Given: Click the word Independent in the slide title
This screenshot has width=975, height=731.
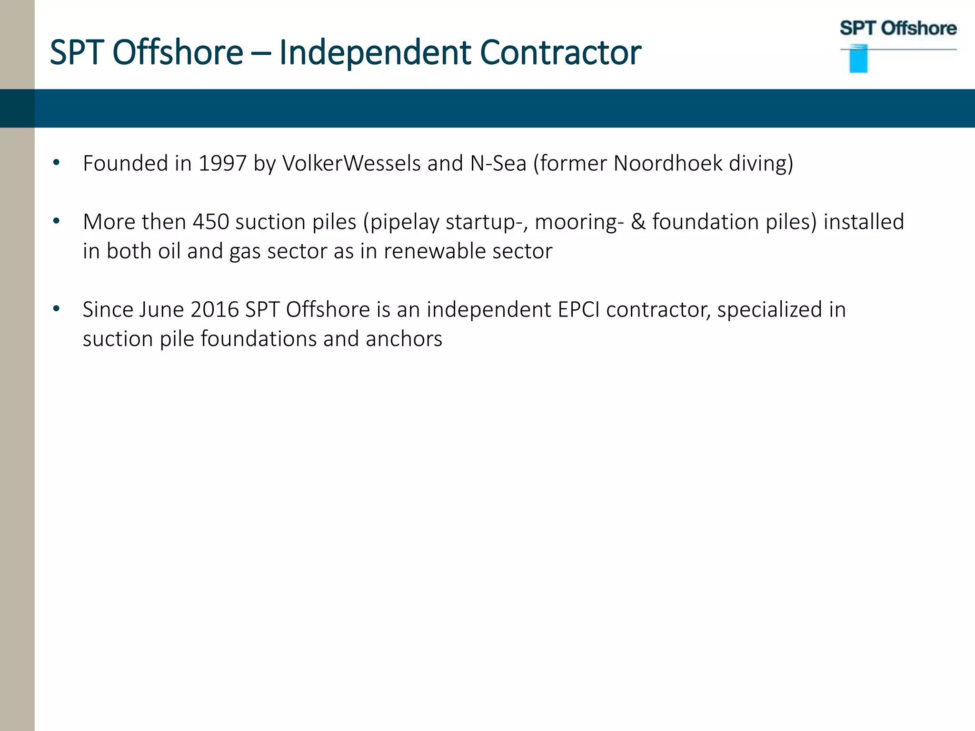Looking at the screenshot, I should click(375, 52).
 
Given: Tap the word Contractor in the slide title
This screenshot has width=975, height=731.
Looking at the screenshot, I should click(560, 52).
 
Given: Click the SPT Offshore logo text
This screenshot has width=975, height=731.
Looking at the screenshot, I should click(898, 29).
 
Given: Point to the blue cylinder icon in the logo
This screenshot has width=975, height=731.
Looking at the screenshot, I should click(858, 59).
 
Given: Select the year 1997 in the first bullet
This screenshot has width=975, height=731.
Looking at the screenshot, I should click(222, 164).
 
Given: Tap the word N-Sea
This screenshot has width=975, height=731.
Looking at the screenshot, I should click(498, 164).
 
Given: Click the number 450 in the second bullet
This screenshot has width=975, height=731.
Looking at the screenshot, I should click(210, 222).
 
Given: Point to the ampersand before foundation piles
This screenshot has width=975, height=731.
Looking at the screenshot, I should click(638, 222).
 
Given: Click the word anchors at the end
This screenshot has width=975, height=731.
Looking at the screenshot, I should click(404, 339).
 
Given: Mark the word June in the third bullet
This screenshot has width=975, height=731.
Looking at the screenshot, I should click(161, 310).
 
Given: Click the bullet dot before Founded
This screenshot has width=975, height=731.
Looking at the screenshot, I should click(57, 163).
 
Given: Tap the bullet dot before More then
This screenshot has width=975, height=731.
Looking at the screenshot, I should click(57, 221).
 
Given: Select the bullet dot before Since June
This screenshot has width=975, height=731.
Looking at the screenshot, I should click(57, 309).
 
